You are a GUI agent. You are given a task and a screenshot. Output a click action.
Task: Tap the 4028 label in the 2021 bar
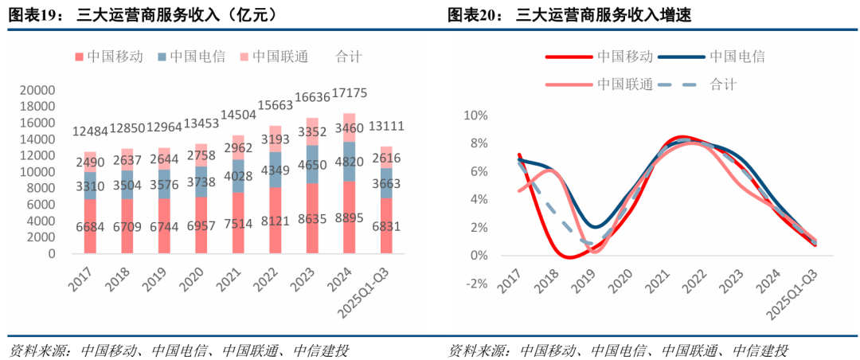238,176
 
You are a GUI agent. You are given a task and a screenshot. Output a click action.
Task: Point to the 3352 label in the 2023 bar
312,132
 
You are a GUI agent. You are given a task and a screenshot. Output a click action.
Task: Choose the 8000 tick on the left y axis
41,189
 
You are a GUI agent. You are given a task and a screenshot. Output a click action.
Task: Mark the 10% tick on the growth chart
475,115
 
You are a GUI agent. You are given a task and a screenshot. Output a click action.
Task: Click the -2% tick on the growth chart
476,284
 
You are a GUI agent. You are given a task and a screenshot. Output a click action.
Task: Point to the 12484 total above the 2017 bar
89,131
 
